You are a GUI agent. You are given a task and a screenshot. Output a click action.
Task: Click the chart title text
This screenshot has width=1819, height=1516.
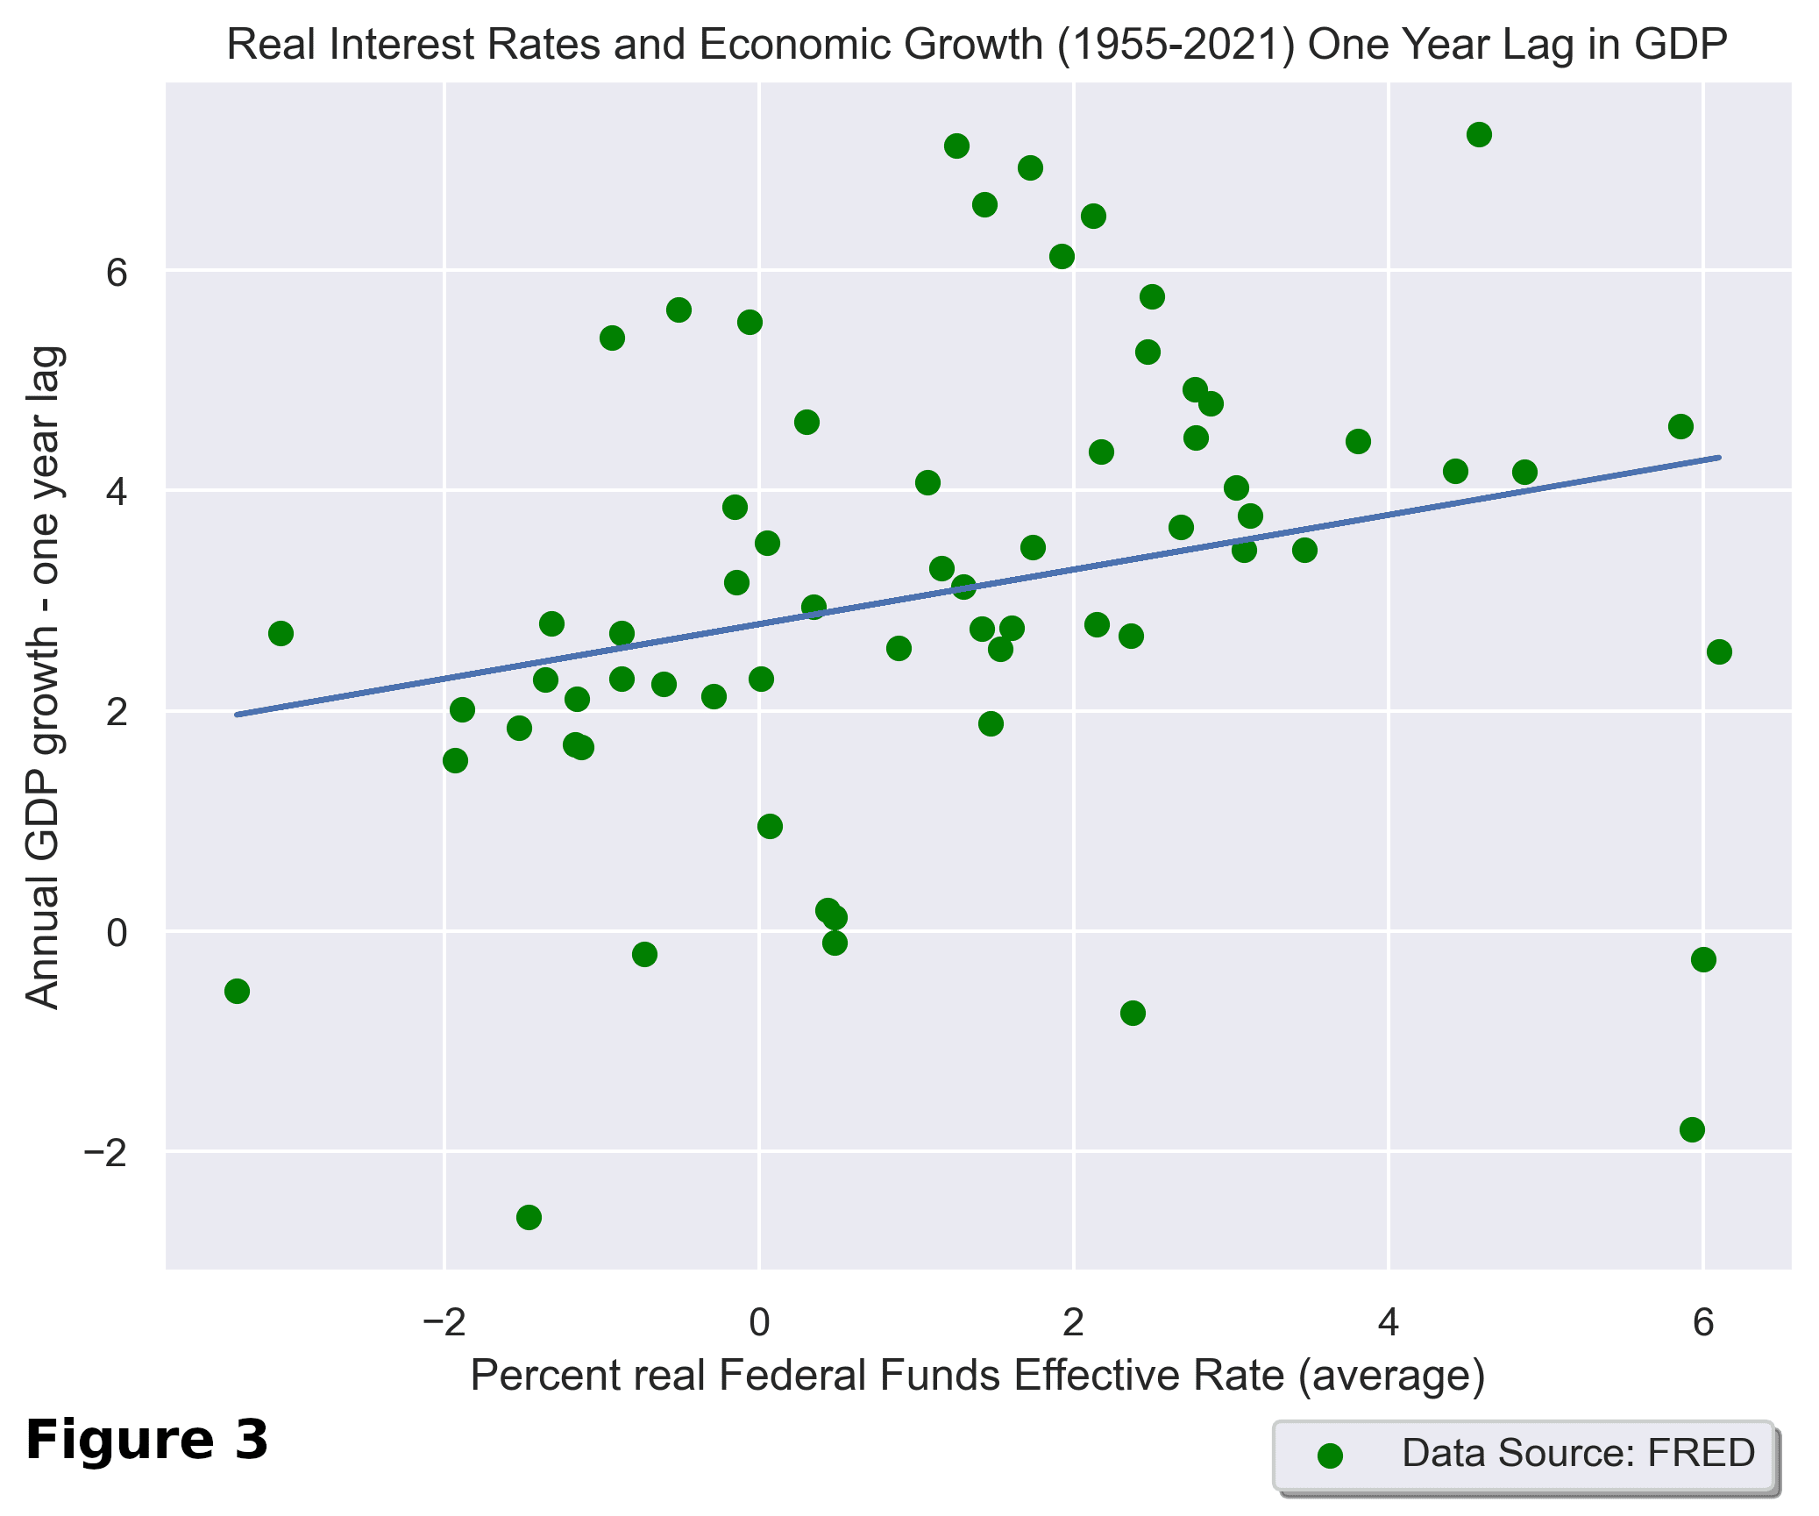point(977,45)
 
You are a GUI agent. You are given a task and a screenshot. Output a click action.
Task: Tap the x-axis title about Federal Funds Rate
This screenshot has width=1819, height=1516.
point(977,1375)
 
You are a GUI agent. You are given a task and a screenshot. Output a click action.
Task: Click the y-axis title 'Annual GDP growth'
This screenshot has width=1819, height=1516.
point(43,677)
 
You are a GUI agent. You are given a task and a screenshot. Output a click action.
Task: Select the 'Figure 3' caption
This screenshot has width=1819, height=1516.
point(146,1440)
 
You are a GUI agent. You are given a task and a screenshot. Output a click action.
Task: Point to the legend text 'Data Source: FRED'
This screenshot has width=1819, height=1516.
point(1578,1453)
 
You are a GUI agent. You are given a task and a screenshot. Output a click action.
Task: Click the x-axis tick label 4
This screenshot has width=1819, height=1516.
point(1388,1322)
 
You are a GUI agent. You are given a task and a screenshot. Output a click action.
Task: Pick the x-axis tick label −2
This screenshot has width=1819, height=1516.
point(444,1322)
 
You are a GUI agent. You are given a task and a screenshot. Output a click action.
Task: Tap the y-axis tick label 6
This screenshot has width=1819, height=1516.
point(117,273)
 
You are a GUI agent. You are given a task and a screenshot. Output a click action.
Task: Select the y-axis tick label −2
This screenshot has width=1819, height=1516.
point(105,1152)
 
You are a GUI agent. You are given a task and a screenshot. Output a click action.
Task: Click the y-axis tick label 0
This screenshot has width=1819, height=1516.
point(117,932)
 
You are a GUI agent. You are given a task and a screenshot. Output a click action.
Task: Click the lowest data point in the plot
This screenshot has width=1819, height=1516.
point(529,1217)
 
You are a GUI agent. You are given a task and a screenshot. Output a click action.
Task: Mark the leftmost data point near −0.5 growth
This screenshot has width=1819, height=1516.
point(237,992)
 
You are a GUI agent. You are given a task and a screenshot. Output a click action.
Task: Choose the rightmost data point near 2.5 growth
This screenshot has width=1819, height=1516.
point(1719,651)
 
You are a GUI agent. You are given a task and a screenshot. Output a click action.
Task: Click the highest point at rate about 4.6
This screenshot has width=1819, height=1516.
point(1479,135)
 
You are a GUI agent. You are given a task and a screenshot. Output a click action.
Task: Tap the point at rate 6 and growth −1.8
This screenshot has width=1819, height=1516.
point(1692,1129)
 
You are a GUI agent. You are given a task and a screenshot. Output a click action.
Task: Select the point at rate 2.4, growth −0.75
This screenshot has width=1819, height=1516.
point(1133,1014)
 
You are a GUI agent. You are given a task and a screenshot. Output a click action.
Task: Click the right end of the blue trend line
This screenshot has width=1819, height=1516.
point(1719,458)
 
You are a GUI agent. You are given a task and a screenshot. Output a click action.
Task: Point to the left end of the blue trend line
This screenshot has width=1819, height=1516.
point(238,715)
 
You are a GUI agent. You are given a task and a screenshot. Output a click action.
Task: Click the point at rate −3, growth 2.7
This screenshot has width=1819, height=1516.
point(281,633)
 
